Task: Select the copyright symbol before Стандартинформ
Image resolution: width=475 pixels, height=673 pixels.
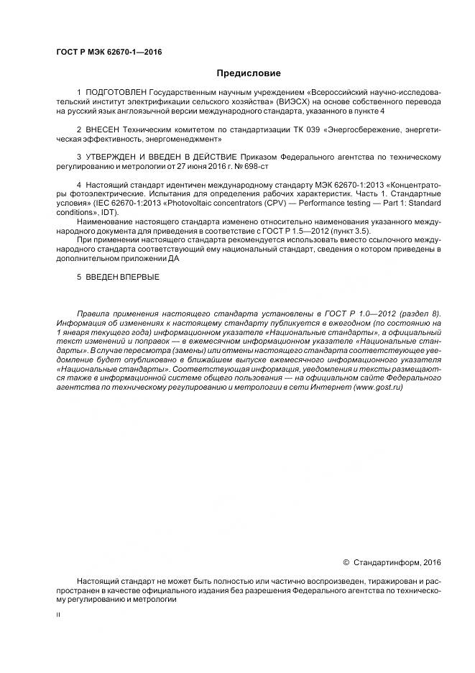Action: click(x=346, y=562)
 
